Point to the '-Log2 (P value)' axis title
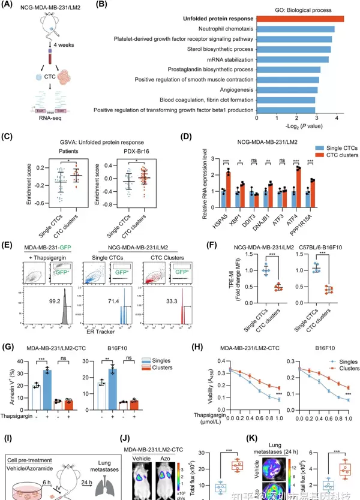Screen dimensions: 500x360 301,127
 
